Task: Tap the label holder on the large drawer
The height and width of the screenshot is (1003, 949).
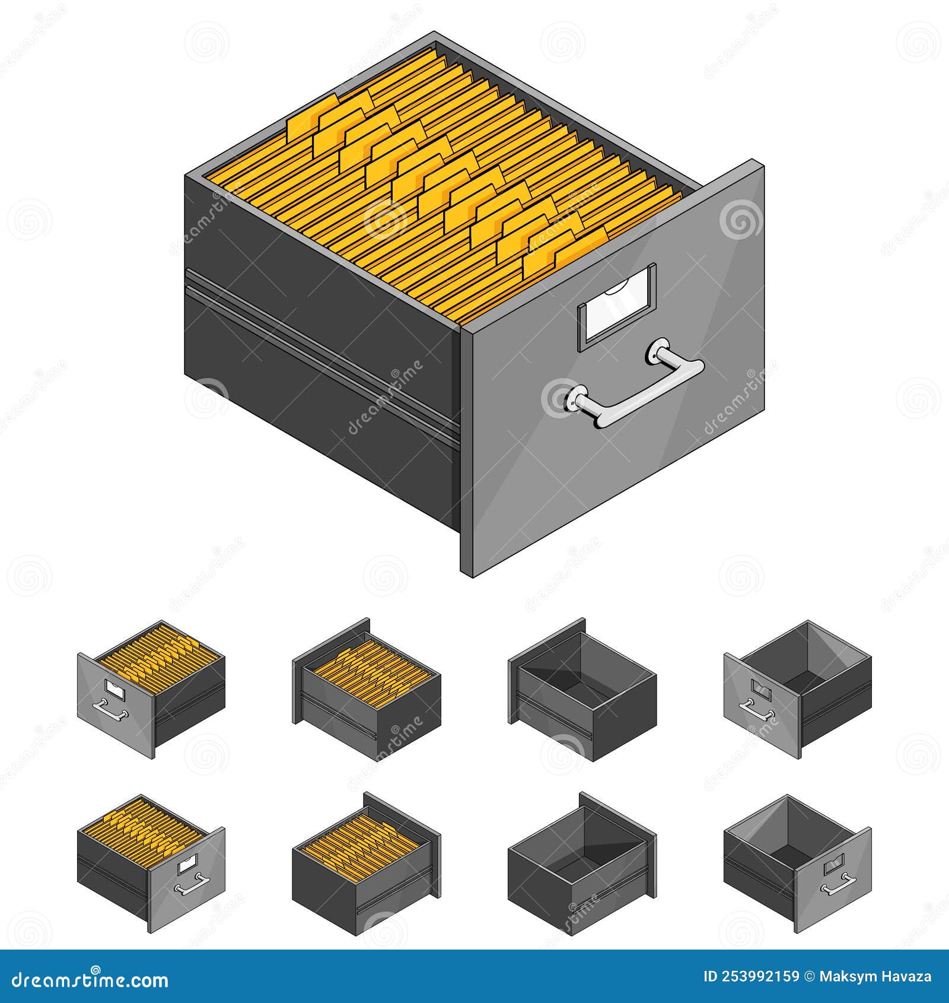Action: pos(617,303)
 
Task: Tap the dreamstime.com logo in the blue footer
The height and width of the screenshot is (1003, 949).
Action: pos(90,979)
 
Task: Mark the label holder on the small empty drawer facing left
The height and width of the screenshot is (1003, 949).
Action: pos(760,688)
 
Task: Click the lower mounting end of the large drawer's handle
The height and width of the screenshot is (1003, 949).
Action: pos(575,398)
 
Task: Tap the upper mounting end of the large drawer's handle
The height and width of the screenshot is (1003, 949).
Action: pos(658,350)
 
